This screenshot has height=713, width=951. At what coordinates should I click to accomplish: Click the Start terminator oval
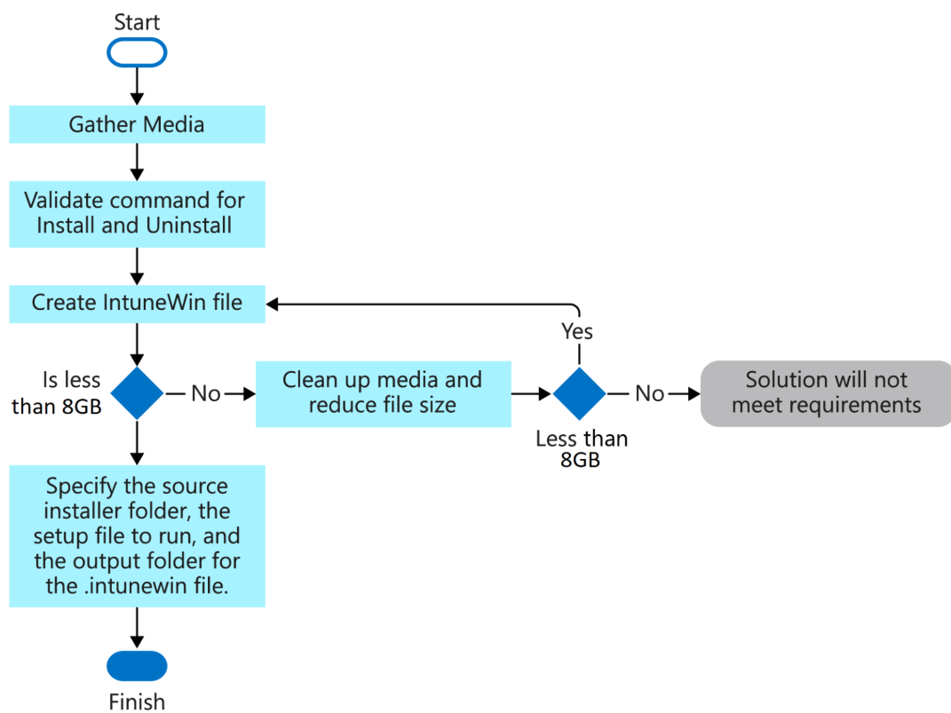(137, 52)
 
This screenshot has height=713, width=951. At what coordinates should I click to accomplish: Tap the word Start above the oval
(137, 21)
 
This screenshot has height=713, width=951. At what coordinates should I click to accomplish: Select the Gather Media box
(137, 124)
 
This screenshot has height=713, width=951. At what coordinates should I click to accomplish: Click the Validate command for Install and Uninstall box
(137, 213)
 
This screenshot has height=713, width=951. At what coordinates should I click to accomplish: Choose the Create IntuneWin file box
(137, 303)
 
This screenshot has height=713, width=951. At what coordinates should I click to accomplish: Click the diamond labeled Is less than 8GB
(137, 392)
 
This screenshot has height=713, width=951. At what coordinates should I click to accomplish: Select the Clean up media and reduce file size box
(383, 392)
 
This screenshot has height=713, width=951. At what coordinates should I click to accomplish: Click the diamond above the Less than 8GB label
(580, 392)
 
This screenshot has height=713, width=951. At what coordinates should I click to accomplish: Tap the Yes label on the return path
(577, 331)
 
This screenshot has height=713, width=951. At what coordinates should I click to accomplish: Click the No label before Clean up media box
(206, 393)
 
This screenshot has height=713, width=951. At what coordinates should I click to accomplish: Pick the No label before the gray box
(650, 393)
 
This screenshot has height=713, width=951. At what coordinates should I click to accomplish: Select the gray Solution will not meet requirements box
(826, 392)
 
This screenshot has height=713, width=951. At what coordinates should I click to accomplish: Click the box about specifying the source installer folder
(137, 536)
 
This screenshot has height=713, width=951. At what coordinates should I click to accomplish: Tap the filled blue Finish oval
(137, 665)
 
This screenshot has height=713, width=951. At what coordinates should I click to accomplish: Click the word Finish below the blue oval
(137, 701)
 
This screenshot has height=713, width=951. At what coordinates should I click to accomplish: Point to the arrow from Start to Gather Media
(137, 86)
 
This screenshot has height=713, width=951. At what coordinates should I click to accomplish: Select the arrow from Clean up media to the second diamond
(532, 392)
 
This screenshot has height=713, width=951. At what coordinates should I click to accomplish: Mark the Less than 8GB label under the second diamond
(582, 449)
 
